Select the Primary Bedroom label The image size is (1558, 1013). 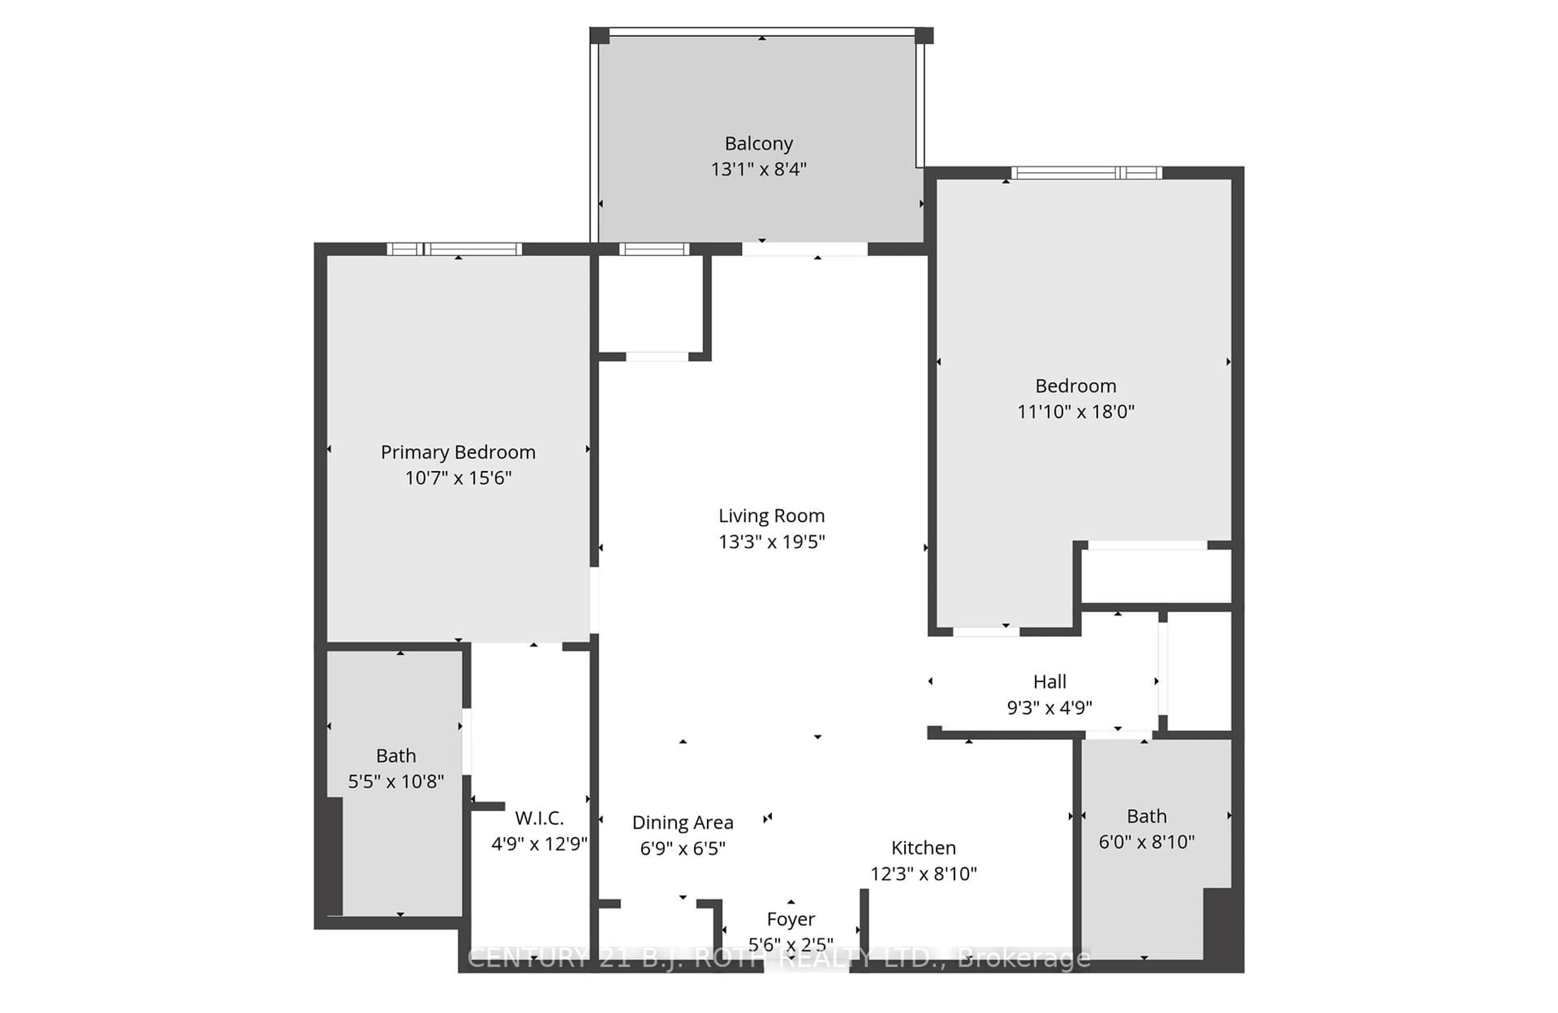coord(458,453)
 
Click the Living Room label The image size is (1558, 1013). coord(771,516)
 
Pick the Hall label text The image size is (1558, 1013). coord(1049,682)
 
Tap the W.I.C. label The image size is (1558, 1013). coord(539,818)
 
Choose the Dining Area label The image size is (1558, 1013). coord(682,822)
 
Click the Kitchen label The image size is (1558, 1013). coord(923,848)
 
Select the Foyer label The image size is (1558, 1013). coord(790,919)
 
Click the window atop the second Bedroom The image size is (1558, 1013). coord(1086,173)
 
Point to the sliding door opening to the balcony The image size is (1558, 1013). coord(805,249)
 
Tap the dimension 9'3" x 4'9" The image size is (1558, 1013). coord(1049,707)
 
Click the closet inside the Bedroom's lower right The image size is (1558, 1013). coord(1156,575)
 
